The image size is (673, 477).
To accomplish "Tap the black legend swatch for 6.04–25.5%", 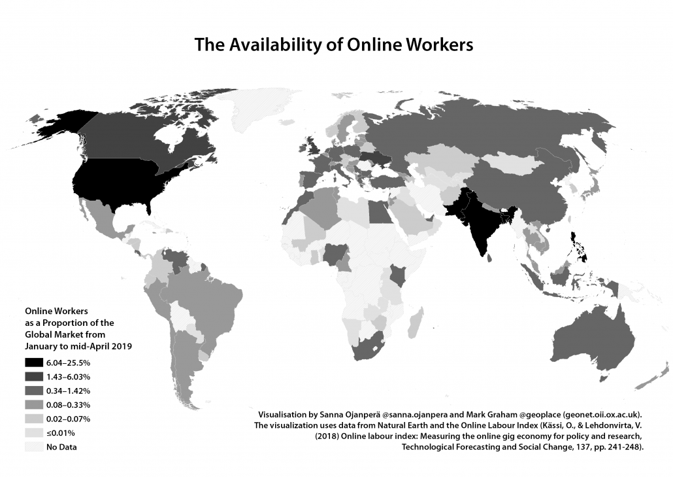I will tap(33, 363).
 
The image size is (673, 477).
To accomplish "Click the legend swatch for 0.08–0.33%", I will tap(33, 405).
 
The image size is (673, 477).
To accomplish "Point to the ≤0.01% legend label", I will tap(59, 433).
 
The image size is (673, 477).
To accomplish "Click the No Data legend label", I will tap(60, 447).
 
